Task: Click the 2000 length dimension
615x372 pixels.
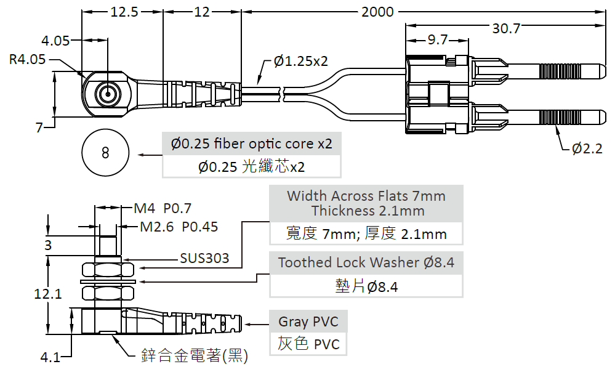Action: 379,12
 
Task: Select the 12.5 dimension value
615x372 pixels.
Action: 123,12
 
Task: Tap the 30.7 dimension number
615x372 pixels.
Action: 506,28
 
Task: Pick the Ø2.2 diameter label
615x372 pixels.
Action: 587,148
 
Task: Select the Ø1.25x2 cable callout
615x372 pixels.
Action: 301,61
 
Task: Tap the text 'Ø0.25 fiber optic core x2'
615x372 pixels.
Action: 251,144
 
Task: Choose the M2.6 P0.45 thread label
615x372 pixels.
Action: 179,227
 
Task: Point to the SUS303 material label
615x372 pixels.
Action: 204,258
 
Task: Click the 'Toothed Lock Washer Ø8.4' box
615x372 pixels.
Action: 366,262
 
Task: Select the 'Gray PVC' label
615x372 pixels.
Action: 308,321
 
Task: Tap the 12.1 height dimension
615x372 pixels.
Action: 47,294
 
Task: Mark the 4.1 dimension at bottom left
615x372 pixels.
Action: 50,357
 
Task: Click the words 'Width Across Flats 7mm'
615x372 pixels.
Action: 366,196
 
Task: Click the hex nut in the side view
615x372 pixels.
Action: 108,269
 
